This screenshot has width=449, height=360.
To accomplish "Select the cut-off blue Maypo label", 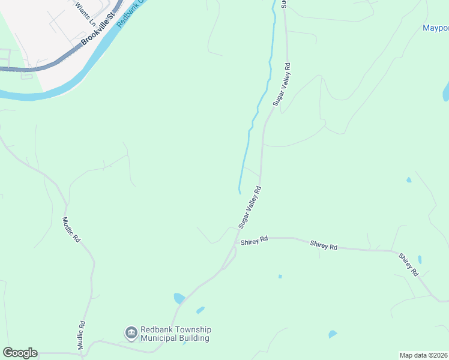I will point(435,28).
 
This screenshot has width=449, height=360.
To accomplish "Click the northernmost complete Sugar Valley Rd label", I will point(282,85).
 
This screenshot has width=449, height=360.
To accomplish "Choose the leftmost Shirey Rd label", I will point(254,241).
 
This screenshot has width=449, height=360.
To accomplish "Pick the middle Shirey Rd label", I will point(324,245).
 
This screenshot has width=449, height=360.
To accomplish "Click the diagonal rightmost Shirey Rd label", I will point(408,264).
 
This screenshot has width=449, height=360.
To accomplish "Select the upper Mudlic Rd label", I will point(71,229).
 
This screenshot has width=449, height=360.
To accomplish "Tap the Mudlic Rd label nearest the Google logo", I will point(82,332).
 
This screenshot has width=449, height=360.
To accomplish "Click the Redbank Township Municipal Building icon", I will point(131,332).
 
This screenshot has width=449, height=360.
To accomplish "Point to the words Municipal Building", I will point(175,338).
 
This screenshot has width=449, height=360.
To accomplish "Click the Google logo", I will point(20,353).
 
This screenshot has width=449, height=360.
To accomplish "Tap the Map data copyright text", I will point(424,355).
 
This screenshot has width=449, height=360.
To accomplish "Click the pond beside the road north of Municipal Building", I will point(179,298).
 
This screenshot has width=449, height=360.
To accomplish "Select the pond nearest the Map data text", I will point(332,334).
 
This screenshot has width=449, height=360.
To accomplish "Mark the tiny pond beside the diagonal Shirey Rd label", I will point(419,260).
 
